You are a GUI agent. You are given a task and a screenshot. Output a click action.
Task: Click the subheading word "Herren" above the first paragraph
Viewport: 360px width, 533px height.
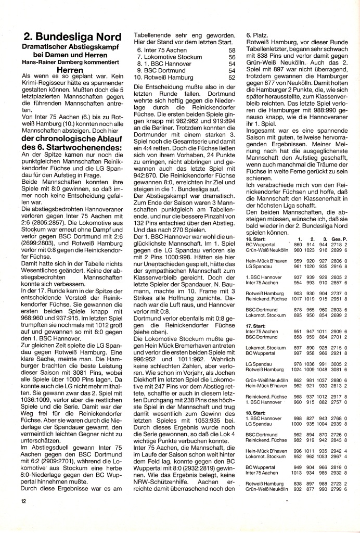click(70, 68)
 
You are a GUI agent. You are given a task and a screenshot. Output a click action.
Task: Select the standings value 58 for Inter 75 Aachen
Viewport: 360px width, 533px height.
click(232, 50)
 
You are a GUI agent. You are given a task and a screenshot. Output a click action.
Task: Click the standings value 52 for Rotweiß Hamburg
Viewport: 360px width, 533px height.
click(232, 77)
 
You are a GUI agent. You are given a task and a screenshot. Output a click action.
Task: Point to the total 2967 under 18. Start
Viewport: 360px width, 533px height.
click(337, 456)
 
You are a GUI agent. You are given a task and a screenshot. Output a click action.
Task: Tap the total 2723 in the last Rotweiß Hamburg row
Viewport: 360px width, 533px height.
click(337, 485)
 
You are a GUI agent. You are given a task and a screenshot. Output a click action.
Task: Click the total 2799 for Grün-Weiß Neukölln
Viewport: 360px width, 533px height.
click(337, 490)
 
